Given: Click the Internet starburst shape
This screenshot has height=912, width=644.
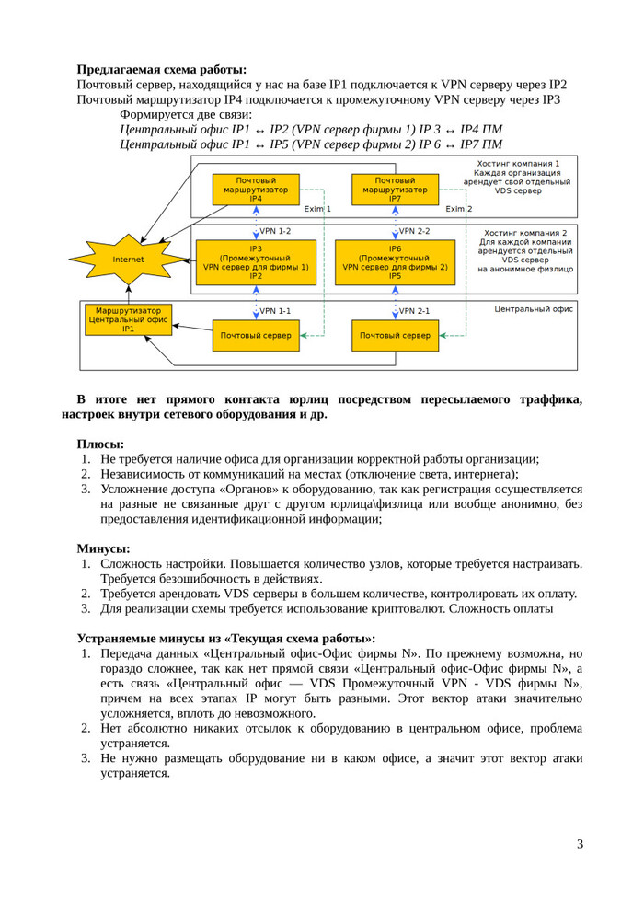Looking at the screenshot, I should pos(128,260).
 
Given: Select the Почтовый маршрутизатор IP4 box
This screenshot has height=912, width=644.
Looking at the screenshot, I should pos(256,190).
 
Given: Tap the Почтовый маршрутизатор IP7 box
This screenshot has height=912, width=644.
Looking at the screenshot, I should pos(395,190).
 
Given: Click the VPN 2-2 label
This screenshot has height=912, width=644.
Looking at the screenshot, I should pos(414,231).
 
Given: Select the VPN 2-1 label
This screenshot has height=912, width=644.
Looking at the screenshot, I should pos(414,311).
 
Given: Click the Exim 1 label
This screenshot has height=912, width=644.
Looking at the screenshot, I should pos(317,209).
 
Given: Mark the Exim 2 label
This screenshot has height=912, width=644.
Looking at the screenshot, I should pos(458,209).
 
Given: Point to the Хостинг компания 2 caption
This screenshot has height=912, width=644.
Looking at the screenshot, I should pos(525,233).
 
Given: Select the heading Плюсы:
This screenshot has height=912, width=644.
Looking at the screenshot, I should pos(100,444).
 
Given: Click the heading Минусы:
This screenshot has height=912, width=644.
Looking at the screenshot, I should pos(103,548).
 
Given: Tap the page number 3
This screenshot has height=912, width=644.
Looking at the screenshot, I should pos(580,844).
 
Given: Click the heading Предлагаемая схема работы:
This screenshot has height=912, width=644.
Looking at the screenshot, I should pos(162,69).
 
